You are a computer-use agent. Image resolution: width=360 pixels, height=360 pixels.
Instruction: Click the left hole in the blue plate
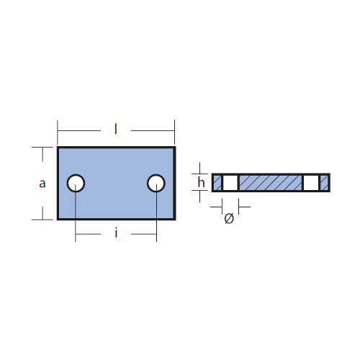(x=76, y=183)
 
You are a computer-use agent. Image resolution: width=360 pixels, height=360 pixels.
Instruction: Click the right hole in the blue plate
(x=156, y=183)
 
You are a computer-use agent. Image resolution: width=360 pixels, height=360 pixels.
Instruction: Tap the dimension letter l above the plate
(x=116, y=129)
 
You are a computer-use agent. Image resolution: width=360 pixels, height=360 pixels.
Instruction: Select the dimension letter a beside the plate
(x=42, y=184)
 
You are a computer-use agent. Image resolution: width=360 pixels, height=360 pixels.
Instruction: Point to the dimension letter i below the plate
(x=116, y=233)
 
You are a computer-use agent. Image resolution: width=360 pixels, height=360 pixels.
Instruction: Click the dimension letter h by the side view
(x=201, y=182)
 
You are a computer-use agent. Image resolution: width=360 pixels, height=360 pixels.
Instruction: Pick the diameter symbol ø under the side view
(x=229, y=218)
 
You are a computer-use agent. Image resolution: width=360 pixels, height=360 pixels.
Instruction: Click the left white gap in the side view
(x=230, y=183)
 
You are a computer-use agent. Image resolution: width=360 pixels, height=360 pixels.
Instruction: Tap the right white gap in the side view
(x=311, y=183)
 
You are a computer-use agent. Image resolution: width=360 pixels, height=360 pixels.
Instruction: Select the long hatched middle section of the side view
(x=271, y=183)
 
